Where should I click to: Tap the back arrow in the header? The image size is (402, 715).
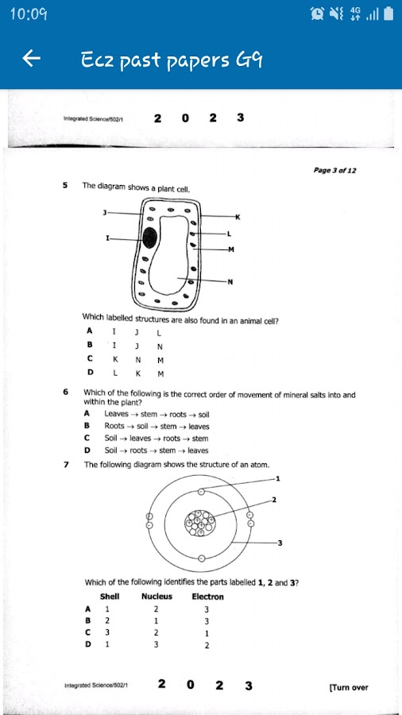click(x=31, y=58)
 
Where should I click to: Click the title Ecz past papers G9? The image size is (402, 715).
click(x=172, y=60)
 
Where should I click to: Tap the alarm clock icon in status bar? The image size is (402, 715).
click(x=316, y=14)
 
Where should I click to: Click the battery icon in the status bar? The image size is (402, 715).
click(x=388, y=14)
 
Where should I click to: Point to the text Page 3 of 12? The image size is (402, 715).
click(x=335, y=171)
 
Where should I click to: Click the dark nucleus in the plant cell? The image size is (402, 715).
click(x=149, y=238)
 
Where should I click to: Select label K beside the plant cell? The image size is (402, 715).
click(x=238, y=217)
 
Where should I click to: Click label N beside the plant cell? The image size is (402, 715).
click(x=230, y=282)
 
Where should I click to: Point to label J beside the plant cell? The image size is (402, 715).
click(x=104, y=212)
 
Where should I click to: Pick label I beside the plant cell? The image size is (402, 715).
click(x=107, y=238)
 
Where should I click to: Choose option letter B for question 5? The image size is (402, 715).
click(x=90, y=346)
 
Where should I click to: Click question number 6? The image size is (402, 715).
click(x=65, y=392)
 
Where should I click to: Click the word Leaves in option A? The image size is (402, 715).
click(x=116, y=414)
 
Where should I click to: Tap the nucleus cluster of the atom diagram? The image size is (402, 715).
click(x=199, y=523)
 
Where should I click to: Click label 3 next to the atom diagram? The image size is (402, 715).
click(x=280, y=543)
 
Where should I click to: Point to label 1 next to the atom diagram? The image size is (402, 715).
click(x=278, y=478)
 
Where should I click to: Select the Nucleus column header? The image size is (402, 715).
click(x=157, y=596)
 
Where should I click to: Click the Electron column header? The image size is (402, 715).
click(x=208, y=597)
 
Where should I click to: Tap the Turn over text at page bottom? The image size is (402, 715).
click(x=349, y=687)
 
